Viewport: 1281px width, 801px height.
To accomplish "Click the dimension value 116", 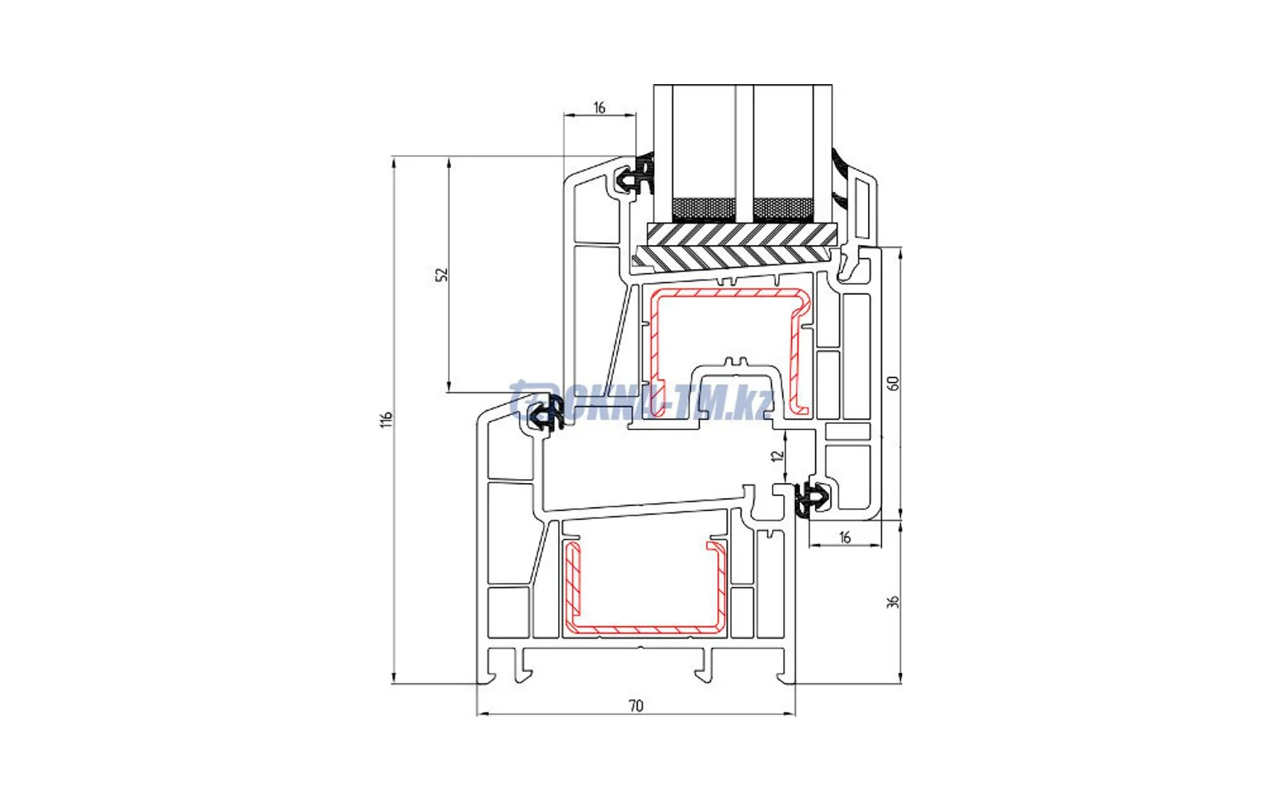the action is [x=388, y=420].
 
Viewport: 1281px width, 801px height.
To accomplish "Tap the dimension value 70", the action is [x=636, y=706].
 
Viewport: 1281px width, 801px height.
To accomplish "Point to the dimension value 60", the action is [x=893, y=384].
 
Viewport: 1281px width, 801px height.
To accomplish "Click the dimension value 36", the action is [x=893, y=602].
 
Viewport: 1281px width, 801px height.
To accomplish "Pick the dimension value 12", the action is [x=777, y=456].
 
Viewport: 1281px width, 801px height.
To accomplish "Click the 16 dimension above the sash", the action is [x=599, y=107].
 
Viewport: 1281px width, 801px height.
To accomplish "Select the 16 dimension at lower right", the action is [x=845, y=537].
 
